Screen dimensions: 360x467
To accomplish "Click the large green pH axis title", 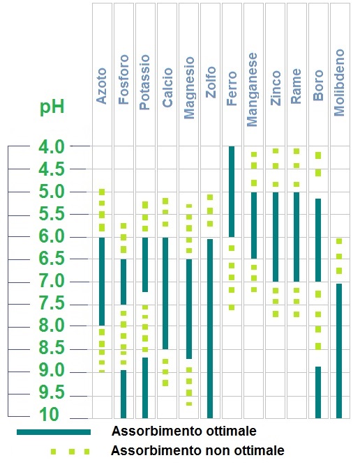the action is (x=52, y=107).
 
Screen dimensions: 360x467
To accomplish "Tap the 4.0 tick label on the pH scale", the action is (x=52, y=147).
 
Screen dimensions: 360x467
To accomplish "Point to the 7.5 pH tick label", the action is (x=52, y=303).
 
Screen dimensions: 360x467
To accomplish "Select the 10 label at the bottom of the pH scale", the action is (x=49, y=415).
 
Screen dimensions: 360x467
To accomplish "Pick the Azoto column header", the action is (x=102, y=86).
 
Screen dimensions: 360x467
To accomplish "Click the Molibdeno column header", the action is (x=340, y=82).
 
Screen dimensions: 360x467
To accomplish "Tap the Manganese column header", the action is (x=253, y=89).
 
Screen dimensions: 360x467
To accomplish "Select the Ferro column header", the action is (x=232, y=88).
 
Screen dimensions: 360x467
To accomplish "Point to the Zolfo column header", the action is (x=211, y=82).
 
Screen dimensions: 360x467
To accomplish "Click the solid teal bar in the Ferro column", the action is (x=232, y=192).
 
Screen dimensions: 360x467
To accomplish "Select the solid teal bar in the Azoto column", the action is (x=102, y=282).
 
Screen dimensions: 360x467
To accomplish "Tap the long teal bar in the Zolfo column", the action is (x=210, y=328).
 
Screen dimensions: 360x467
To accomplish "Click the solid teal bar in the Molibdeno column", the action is (x=339, y=351).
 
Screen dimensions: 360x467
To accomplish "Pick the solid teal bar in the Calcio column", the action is (x=165, y=293).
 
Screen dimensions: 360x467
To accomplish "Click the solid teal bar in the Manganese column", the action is (x=254, y=225).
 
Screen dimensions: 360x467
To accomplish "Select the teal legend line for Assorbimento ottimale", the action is (x=54, y=432).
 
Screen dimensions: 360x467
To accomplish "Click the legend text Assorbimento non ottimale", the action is (x=197, y=450).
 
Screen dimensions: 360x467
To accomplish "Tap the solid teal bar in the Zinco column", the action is (x=276, y=237).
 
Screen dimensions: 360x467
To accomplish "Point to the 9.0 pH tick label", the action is (x=52, y=370).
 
